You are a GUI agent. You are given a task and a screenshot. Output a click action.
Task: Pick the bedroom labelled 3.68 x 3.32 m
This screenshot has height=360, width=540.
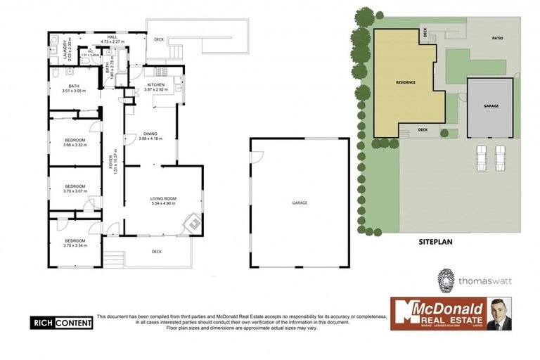75,143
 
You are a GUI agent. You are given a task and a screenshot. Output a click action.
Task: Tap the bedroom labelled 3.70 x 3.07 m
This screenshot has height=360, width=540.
75,188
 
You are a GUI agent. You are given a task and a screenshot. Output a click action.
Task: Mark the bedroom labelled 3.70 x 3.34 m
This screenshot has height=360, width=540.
75,243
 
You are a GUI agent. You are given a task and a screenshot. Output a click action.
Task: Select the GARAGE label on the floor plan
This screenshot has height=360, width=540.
300,202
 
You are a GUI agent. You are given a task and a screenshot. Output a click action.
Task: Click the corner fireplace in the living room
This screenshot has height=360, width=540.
190,224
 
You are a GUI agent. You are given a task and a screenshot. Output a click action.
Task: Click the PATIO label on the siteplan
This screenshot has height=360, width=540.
497,39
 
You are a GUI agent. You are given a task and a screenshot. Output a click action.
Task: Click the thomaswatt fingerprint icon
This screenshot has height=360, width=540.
446,279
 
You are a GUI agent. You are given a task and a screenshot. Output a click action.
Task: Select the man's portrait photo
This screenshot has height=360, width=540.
499,314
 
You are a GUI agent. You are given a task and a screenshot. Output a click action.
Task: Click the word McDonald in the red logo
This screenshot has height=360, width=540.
446,308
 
